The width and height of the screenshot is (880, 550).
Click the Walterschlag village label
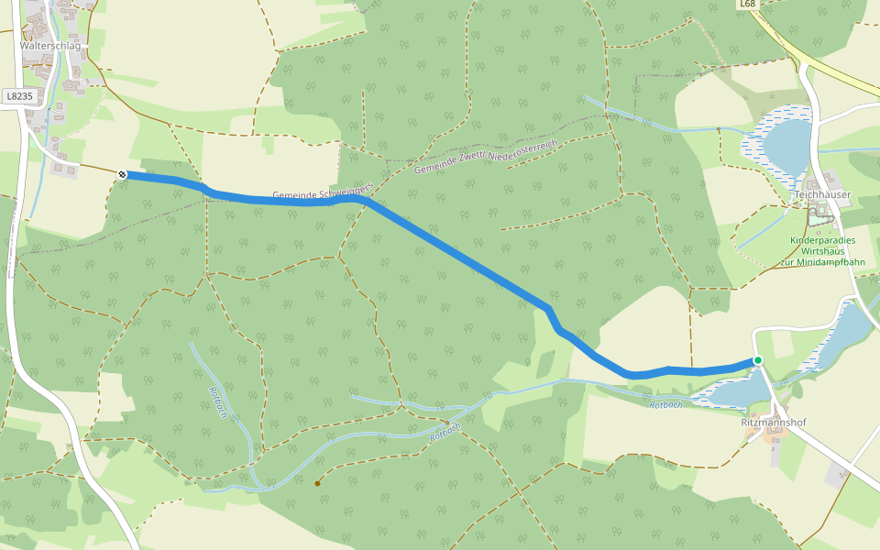click(x=50, y=45)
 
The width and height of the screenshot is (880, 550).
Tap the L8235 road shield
click(x=17, y=95)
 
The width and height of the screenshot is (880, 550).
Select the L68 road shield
click(x=748, y=5)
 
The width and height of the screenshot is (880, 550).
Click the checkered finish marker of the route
click(x=122, y=173)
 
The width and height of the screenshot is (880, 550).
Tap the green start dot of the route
click(x=758, y=360)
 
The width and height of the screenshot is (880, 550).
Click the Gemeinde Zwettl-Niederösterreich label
click(x=486, y=157)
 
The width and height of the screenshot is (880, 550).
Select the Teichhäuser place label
click(x=822, y=194)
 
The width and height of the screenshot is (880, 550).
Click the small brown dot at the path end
click(x=318, y=483)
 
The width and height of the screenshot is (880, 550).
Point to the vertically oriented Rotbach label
click(x=218, y=401)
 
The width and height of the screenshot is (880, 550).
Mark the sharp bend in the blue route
click(x=552, y=312)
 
